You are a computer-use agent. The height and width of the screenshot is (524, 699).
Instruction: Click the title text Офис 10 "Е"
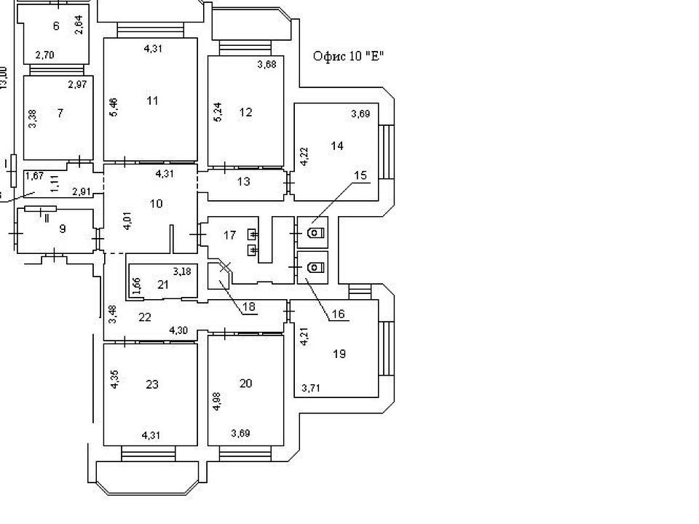(x=348, y=57)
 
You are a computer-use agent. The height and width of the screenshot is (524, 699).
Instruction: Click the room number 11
(x=152, y=100)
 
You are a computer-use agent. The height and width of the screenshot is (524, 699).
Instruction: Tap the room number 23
(x=152, y=384)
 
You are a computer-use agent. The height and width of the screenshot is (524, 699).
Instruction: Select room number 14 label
(x=337, y=146)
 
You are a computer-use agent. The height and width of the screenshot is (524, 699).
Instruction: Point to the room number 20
(x=245, y=384)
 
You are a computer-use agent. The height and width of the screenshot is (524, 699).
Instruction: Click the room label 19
(x=339, y=354)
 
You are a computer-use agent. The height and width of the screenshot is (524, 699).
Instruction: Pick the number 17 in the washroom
(x=229, y=235)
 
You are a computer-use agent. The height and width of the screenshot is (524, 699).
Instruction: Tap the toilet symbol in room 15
(x=315, y=233)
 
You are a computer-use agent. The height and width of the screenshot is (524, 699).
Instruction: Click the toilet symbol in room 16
(x=315, y=267)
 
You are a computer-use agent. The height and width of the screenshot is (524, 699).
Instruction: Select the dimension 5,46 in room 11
(x=114, y=108)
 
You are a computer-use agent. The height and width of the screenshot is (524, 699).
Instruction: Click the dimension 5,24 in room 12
(x=218, y=112)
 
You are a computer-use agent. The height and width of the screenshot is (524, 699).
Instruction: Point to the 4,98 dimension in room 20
(x=217, y=401)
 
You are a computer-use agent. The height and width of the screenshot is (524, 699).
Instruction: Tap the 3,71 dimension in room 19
(x=311, y=388)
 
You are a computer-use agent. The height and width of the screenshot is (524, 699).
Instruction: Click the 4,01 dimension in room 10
(x=127, y=221)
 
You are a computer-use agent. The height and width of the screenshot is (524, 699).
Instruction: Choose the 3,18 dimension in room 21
(x=182, y=271)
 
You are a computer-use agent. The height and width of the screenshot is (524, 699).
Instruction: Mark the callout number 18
(x=249, y=306)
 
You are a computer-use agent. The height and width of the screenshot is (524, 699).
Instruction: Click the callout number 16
(x=339, y=314)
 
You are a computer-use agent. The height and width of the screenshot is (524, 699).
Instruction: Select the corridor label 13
(x=244, y=182)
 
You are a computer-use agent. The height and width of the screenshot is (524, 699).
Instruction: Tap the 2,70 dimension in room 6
(x=44, y=55)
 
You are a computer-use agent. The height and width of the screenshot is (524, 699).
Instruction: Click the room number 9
(x=63, y=229)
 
